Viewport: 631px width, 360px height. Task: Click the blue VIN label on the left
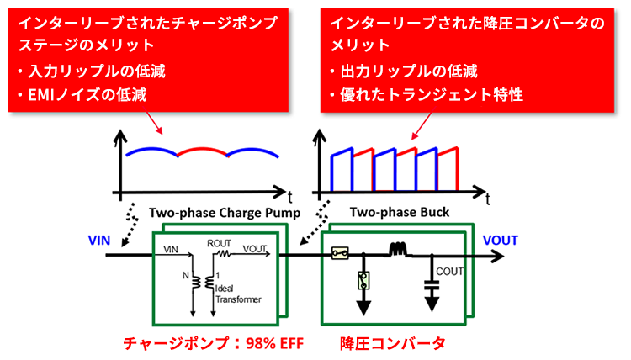(100, 240)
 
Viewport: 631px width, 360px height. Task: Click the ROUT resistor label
(220, 242)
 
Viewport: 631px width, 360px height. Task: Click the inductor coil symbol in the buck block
(395, 251)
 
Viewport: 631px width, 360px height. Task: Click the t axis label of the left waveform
(289, 195)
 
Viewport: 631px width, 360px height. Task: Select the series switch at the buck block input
(340, 251)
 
